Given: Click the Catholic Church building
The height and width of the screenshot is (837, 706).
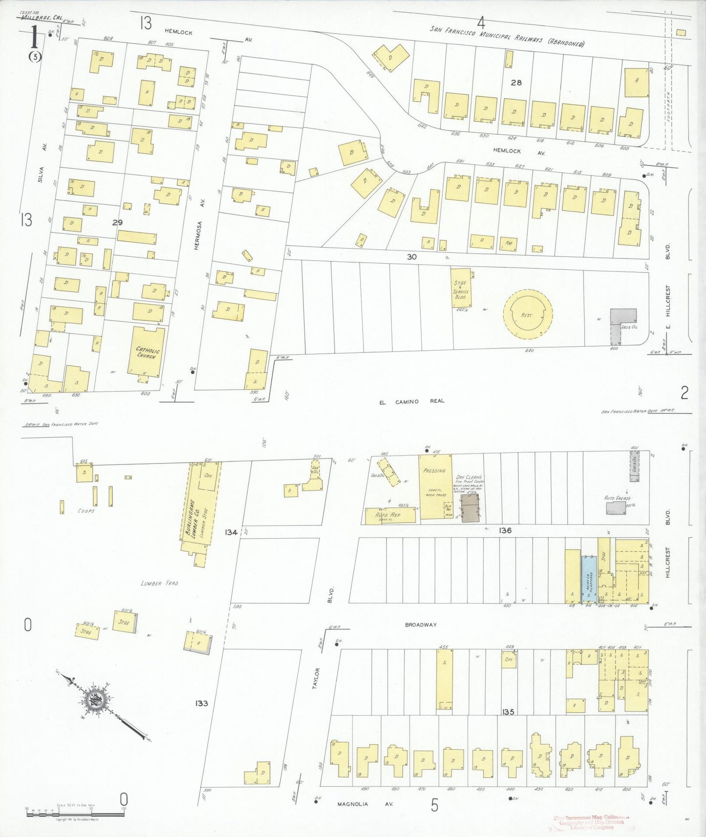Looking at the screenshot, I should [x=147, y=352].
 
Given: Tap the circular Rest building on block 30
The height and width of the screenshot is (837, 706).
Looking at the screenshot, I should [x=528, y=314].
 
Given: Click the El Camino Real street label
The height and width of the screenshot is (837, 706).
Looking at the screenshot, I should [x=412, y=401].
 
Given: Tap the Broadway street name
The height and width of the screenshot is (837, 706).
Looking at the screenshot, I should [x=420, y=625].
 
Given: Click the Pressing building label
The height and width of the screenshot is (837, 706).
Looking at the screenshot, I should [x=434, y=471].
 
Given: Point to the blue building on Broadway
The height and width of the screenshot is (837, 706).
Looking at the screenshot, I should [x=589, y=580].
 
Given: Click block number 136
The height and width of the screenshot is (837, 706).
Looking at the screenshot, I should [x=505, y=530].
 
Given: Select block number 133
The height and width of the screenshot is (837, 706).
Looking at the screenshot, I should [x=201, y=703].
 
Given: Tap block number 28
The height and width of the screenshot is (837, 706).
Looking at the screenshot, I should [x=516, y=83].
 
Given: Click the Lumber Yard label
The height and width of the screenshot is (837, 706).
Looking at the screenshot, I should [x=159, y=583].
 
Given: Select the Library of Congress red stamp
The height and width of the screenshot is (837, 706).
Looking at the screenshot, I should [x=591, y=822].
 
